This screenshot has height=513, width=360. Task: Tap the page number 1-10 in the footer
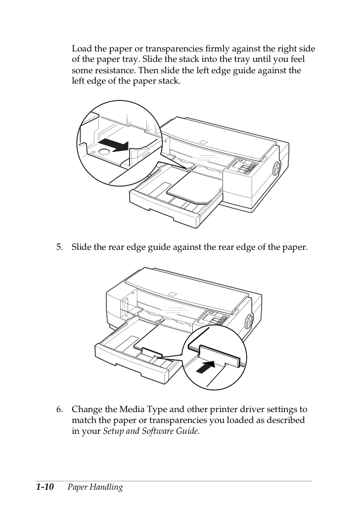click(45, 487)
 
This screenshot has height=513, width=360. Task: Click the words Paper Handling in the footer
click(95, 487)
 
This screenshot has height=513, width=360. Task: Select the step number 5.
click(59, 247)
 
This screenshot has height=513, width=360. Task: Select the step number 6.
click(59, 409)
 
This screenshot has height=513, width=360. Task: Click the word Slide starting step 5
click(82, 247)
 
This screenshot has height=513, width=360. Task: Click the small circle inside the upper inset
click(104, 151)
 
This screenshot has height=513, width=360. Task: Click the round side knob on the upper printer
click(276, 169)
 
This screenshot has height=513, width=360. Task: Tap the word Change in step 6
click(87, 409)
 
